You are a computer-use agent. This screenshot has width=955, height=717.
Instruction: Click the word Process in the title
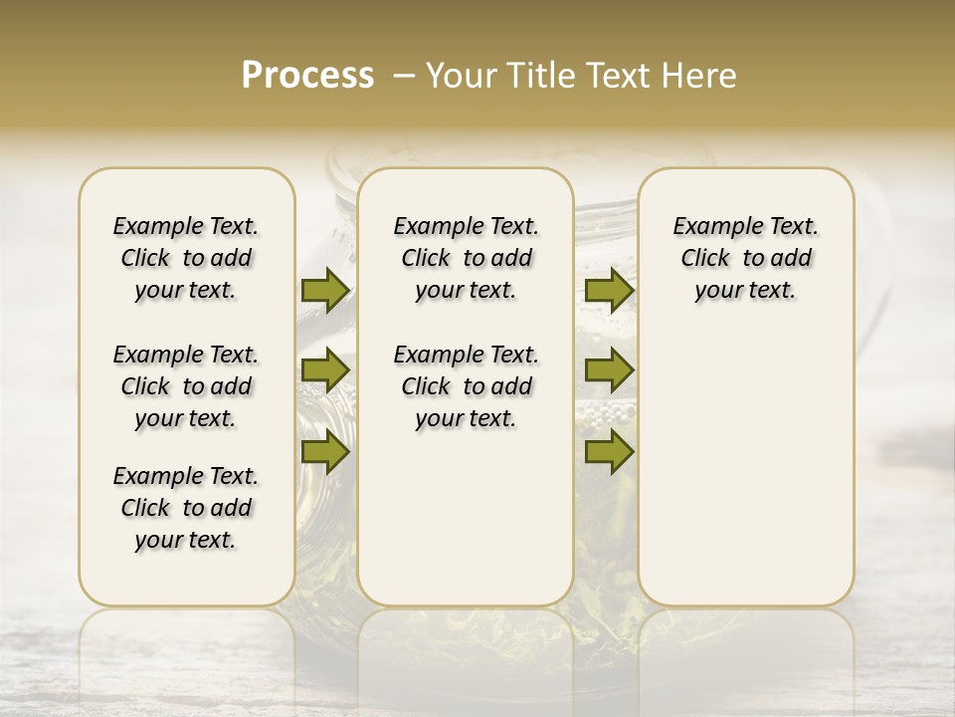pos(307,76)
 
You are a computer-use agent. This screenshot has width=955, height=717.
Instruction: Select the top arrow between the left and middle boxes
pos(325,290)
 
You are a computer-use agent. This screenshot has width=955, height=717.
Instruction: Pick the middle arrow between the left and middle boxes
pos(325,370)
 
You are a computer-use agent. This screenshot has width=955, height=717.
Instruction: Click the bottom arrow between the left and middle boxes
pos(325,452)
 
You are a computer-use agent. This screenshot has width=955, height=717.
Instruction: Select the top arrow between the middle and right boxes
pos(609,290)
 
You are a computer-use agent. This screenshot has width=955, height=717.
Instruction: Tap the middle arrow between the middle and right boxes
pos(609,370)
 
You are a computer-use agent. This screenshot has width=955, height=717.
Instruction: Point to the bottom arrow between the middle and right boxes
pos(609,452)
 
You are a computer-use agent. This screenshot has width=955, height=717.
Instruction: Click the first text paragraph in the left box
pos(186,258)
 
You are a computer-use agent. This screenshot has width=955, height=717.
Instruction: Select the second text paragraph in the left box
pos(186,386)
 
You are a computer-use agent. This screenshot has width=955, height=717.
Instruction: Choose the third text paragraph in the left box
pos(186,508)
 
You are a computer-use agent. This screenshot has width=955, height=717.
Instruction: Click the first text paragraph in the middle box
pos(466,258)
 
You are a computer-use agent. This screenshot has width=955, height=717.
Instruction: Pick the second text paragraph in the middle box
pos(466,386)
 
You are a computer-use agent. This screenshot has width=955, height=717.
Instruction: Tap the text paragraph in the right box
pos(745,258)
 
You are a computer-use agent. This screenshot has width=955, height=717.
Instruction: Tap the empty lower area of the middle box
pos(466,518)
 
